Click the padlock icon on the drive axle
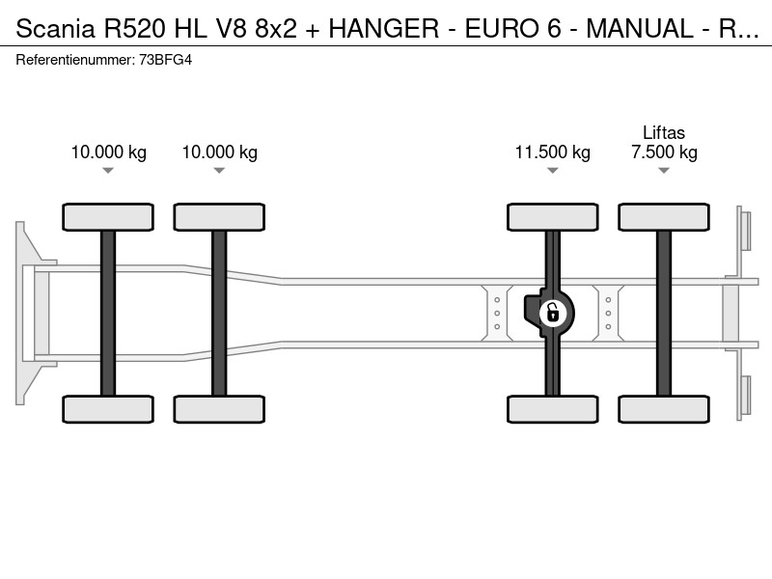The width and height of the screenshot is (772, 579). pyautogui.click(x=553, y=313)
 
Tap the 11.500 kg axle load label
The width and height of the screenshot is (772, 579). pyautogui.click(x=552, y=152)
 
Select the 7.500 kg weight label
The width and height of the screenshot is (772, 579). pyautogui.click(x=664, y=152)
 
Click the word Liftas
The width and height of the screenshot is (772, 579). pyautogui.click(x=664, y=132)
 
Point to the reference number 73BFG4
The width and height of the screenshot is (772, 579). pyautogui.click(x=165, y=60)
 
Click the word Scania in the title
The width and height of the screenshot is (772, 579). pyautogui.click(x=55, y=28)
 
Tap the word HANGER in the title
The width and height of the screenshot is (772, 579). pyautogui.click(x=383, y=28)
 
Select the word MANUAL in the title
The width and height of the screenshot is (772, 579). pyautogui.click(x=640, y=28)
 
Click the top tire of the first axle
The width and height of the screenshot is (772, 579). pyautogui.click(x=108, y=217)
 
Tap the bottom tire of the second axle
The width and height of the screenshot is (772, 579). pyautogui.click(x=219, y=409)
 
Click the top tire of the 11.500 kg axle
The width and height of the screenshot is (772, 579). pyautogui.click(x=552, y=217)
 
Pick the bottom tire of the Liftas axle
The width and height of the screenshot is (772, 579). pyautogui.click(x=664, y=409)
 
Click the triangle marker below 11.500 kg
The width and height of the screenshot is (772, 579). pyautogui.click(x=552, y=171)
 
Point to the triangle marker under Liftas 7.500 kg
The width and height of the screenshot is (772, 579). pyautogui.click(x=664, y=171)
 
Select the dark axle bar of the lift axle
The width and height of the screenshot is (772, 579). pyautogui.click(x=664, y=313)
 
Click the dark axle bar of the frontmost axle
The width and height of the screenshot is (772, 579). pyautogui.click(x=108, y=313)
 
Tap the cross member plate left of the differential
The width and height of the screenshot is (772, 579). pyautogui.click(x=497, y=313)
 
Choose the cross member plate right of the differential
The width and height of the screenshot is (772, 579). pyautogui.click(x=608, y=313)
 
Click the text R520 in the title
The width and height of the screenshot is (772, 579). pyautogui.click(x=134, y=28)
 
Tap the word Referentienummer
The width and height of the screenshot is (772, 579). pyautogui.click(x=75, y=60)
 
